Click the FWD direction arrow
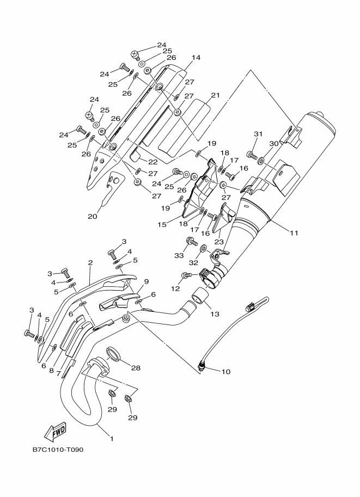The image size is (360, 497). tap(56, 432)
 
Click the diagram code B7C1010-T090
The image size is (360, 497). tap(58, 450)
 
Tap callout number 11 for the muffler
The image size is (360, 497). tap(294, 233)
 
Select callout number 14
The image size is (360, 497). tap(196, 58)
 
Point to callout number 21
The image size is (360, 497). tap(215, 95)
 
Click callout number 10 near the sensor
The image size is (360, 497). tap(226, 371)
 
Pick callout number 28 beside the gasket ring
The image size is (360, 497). tap(136, 368)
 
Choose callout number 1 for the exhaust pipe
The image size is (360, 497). tap(112, 439)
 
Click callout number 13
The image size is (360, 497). tap(215, 314)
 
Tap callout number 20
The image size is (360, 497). tap(93, 217)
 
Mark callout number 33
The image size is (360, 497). tap(179, 255)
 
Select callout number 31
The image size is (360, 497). tap(258, 134)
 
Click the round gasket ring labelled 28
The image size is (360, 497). tap(114, 353)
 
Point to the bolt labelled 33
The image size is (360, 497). tap(192, 242)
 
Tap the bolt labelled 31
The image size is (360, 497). tap(251, 155)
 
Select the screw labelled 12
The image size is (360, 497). tap(186, 275)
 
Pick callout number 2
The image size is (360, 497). tap(90, 263)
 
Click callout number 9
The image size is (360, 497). tap(146, 281)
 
